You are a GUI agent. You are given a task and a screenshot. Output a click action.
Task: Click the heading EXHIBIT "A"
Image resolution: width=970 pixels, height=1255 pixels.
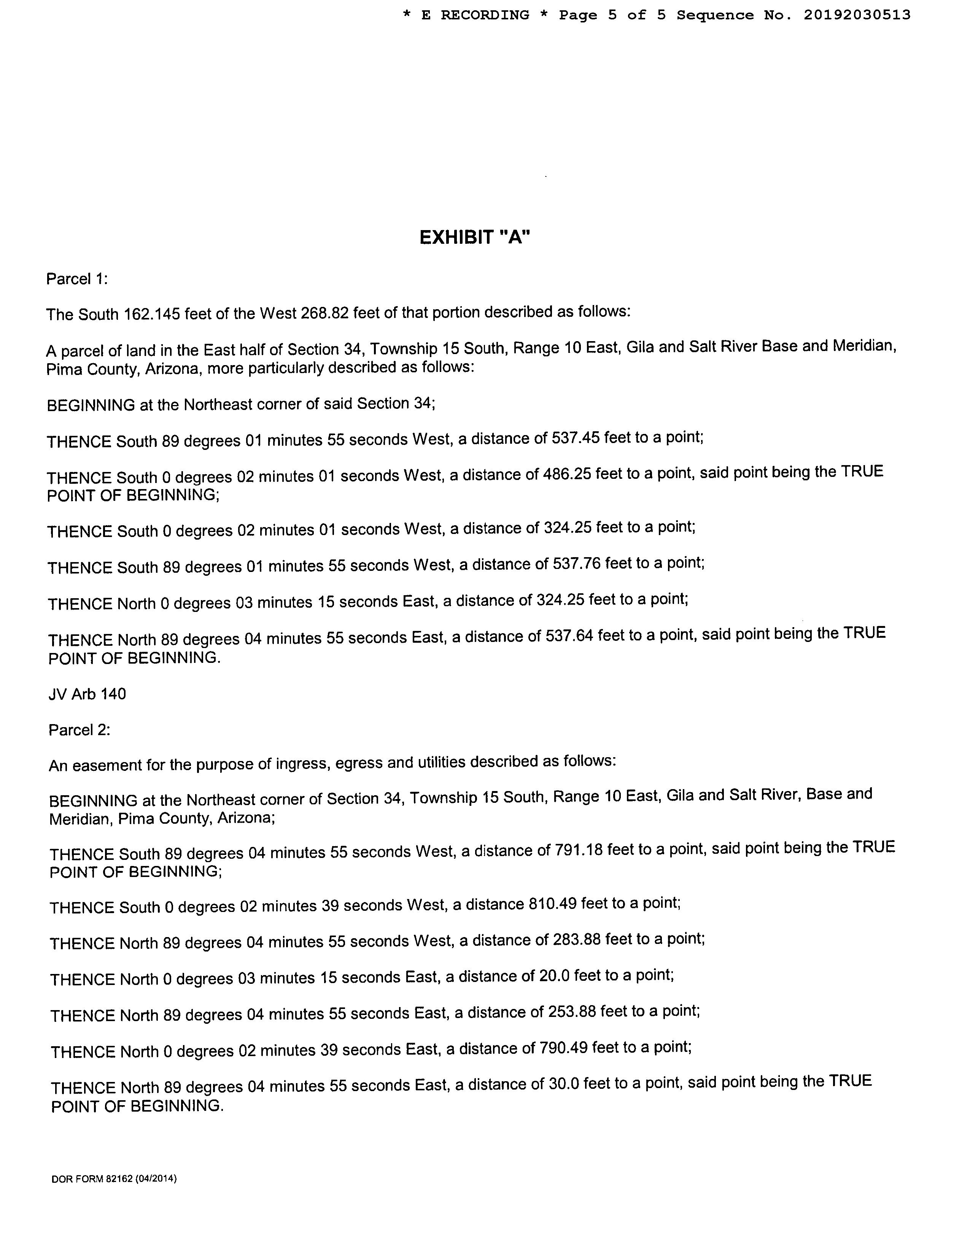(x=475, y=237)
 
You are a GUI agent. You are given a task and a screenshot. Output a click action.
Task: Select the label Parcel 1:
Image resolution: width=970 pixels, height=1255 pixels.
(x=77, y=279)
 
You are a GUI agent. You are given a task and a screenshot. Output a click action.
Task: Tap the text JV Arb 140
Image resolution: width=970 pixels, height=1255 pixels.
(x=87, y=694)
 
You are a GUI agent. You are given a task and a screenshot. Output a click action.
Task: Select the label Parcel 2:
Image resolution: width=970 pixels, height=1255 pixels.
(x=79, y=730)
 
